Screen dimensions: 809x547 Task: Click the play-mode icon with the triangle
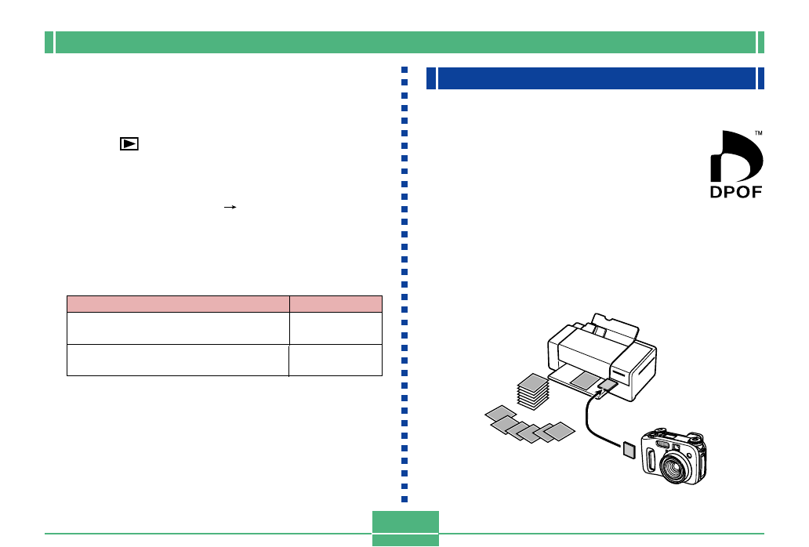129,144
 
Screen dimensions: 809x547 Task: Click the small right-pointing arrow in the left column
230,207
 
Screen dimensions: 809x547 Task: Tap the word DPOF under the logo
736,192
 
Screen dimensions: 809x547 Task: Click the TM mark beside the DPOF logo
759,133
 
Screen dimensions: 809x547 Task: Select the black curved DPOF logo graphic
737,156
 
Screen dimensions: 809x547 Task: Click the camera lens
674,466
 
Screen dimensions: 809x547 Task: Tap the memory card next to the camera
629,450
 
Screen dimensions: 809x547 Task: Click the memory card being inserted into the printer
608,386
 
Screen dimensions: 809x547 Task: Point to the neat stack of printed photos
533,392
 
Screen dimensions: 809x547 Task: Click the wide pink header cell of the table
178,304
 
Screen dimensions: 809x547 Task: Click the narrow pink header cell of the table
336,304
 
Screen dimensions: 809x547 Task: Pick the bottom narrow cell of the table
336,360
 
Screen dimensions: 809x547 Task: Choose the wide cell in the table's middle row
178,328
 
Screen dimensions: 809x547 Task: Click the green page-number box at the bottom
405,528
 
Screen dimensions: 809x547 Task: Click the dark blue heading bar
597,78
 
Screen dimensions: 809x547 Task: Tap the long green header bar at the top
405,42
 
